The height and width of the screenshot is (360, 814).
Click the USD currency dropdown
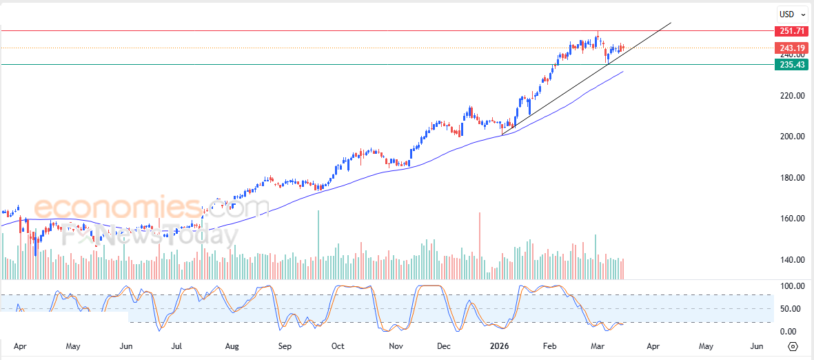point(789,14)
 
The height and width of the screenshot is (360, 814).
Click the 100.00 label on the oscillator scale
point(790,286)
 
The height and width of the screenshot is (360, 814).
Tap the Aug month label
point(232,346)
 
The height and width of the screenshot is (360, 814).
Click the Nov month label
point(396,346)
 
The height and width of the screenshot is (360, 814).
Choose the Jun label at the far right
point(756,346)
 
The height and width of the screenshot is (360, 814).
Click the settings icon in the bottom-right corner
point(793,346)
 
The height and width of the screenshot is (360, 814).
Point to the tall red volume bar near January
point(479,245)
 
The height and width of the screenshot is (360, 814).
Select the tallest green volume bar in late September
point(318,244)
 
